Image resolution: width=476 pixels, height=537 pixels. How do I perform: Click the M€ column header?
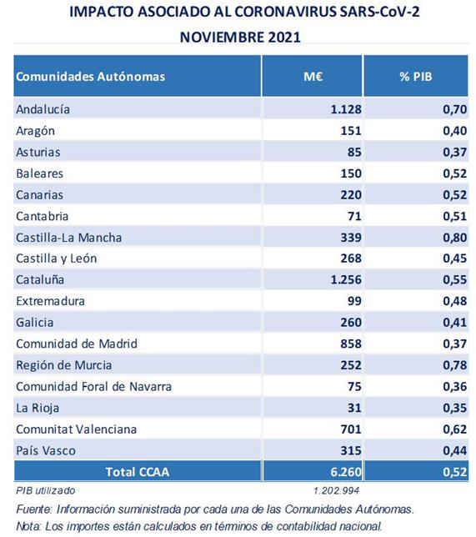(313, 76)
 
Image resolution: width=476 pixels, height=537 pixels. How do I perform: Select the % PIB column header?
(416, 76)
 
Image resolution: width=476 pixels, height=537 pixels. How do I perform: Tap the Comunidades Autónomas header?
(90, 77)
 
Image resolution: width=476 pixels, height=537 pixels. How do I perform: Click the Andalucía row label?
(43, 109)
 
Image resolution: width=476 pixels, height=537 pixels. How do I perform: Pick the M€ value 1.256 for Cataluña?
(346, 280)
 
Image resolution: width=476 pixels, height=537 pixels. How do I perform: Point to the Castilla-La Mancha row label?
(69, 238)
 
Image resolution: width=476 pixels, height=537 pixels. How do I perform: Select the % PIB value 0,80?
(455, 238)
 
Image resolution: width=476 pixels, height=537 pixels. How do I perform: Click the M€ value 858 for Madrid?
(351, 344)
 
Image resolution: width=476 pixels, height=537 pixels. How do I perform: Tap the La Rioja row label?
(38, 408)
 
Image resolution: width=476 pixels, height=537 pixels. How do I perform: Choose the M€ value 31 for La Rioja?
(354, 408)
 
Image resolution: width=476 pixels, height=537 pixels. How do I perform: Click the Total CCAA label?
(138, 472)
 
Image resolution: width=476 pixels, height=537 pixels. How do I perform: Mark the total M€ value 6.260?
(346, 472)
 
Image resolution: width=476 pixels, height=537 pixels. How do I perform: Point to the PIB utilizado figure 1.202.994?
(336, 491)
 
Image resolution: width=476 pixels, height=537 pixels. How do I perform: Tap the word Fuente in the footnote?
(33, 509)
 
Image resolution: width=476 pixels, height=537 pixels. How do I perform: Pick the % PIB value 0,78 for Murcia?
(455, 365)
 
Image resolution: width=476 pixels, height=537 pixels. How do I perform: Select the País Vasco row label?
(46, 450)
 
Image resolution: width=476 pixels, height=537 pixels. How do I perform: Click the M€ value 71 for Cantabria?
(354, 216)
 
